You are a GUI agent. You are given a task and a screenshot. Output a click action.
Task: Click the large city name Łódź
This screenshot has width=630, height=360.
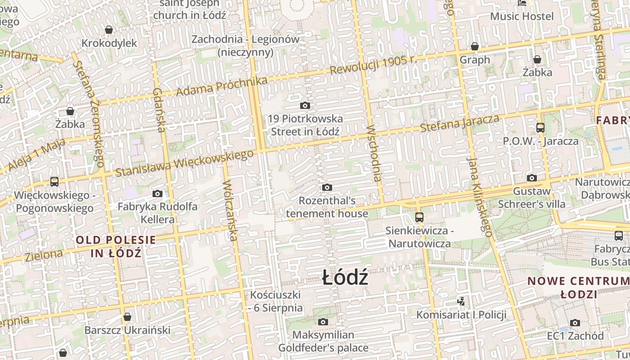(x=345, y=278)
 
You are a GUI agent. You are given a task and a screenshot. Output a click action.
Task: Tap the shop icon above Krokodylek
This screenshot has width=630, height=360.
(x=108, y=30)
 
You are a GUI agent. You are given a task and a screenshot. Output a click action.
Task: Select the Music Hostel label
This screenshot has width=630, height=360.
(x=522, y=17)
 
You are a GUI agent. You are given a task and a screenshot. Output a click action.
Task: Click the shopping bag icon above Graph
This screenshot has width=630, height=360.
(x=474, y=46)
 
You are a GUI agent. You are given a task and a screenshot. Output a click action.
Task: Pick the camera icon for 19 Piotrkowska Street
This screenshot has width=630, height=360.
(x=305, y=106)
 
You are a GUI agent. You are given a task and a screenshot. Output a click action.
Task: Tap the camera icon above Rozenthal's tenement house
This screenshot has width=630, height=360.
(x=327, y=187)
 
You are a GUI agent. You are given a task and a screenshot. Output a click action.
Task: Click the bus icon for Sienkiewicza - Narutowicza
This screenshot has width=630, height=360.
(x=419, y=217)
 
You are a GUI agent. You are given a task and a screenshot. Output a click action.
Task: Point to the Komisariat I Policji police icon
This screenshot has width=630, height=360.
(x=461, y=301)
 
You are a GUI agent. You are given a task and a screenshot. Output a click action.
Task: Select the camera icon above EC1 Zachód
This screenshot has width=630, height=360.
(x=575, y=323)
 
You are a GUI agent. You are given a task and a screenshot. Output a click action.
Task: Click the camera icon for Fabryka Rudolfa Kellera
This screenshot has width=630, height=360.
(x=157, y=193)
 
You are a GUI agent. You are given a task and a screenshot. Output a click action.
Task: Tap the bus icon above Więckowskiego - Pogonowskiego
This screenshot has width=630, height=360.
(x=54, y=182)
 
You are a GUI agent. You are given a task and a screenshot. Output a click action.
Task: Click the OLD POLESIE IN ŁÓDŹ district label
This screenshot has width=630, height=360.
(x=116, y=246)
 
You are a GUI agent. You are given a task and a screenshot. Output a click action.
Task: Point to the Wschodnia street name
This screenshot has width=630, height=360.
(x=374, y=153)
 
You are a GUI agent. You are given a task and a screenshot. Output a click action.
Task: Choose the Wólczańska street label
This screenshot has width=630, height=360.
(x=230, y=210)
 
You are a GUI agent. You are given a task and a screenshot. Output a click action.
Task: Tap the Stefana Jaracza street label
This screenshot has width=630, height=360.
(x=459, y=123)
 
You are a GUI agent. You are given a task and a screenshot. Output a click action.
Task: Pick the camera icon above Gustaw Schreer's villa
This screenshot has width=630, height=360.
(x=531, y=178)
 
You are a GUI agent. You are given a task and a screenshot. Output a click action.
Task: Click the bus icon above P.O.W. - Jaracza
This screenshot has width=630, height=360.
(x=540, y=128)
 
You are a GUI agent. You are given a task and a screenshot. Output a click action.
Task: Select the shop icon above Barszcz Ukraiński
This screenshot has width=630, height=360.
(x=127, y=317)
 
